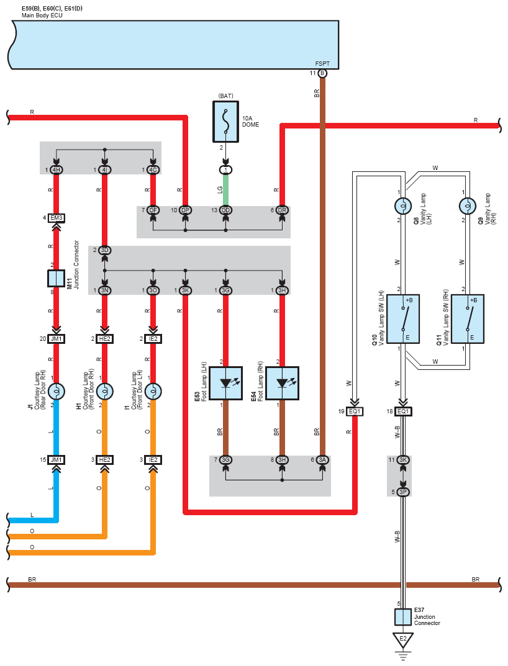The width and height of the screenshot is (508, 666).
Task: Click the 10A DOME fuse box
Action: point(225,122)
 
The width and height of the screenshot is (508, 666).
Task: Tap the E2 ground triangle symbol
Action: point(402,639)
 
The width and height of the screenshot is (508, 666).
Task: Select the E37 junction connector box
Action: point(402,617)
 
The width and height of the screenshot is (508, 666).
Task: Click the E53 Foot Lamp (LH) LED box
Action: point(225,383)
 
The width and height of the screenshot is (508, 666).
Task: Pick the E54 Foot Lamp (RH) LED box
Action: point(283,383)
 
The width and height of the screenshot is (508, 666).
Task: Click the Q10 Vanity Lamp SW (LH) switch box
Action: point(403,319)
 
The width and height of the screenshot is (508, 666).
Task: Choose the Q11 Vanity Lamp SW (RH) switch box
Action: point(468,319)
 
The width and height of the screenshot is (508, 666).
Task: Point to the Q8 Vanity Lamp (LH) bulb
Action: point(402,206)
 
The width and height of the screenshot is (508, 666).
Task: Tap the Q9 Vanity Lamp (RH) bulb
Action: point(468,206)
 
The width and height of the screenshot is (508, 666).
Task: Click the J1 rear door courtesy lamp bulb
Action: point(56,391)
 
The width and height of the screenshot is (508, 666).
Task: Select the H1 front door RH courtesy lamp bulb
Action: point(104,391)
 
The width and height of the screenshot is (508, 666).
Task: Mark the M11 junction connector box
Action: point(56,279)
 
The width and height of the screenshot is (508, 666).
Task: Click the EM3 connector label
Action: point(56,218)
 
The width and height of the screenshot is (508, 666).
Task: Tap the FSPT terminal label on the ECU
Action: point(322,64)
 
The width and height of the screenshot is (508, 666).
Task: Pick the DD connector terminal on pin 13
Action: point(225,210)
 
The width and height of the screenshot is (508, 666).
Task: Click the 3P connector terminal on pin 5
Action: point(403,492)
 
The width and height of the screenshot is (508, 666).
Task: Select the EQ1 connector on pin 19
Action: point(354,412)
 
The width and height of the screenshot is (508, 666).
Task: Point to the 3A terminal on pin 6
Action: point(322,459)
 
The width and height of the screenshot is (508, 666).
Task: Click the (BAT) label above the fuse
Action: point(225,96)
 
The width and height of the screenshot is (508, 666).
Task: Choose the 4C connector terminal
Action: point(153,170)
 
